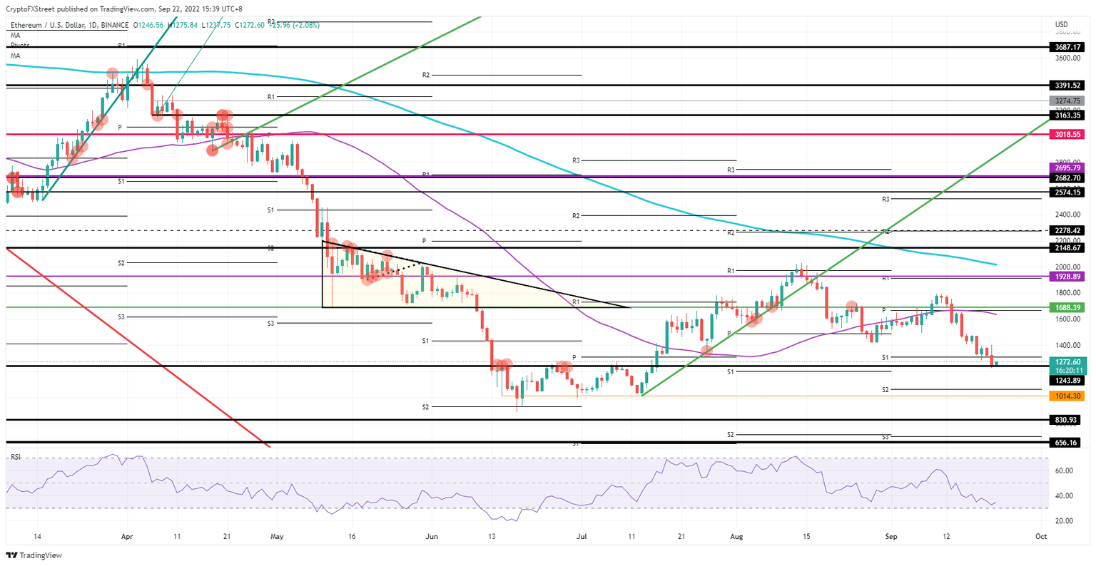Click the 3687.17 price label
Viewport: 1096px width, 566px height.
pyautogui.click(x=1067, y=47)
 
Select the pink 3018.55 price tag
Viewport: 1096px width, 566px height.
pyautogui.click(x=1067, y=134)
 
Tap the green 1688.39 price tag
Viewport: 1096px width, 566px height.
pyautogui.click(x=1067, y=307)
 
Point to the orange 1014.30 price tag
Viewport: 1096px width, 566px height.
pyautogui.click(x=1067, y=396)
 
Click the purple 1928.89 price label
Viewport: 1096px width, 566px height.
pyautogui.click(x=1067, y=276)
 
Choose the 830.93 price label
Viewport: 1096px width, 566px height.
pyautogui.click(x=1067, y=420)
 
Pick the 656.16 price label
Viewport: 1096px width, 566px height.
pyautogui.click(x=1067, y=442)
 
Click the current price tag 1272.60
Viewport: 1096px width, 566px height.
pyautogui.click(x=1067, y=362)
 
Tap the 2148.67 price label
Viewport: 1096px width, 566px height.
pyautogui.click(x=1067, y=248)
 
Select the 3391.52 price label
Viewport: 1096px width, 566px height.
pyautogui.click(x=1067, y=85)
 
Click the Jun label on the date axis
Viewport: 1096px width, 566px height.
pyautogui.click(x=432, y=536)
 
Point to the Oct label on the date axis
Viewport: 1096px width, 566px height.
pyautogui.click(x=1041, y=536)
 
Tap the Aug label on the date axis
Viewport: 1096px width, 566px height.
pyautogui.click(x=736, y=536)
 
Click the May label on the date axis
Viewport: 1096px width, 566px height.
pyautogui.click(x=277, y=536)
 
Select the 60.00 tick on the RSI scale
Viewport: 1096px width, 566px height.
pyautogui.click(x=1064, y=470)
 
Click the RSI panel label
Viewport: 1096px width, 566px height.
pyautogui.click(x=15, y=457)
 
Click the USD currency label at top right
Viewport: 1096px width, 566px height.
pyautogui.click(x=1061, y=25)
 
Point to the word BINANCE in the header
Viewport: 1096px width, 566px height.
pyautogui.click(x=111, y=25)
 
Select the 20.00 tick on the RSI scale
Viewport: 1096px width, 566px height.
pyautogui.click(x=1064, y=521)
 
